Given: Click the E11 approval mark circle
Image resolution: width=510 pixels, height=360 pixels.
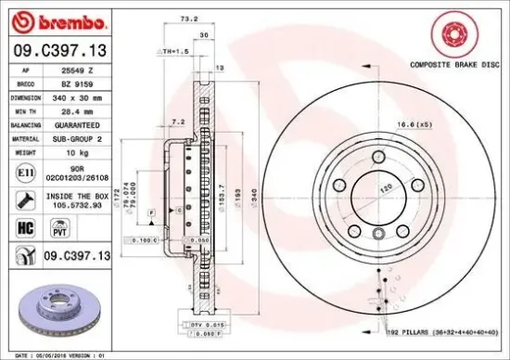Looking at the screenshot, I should point(23,171).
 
